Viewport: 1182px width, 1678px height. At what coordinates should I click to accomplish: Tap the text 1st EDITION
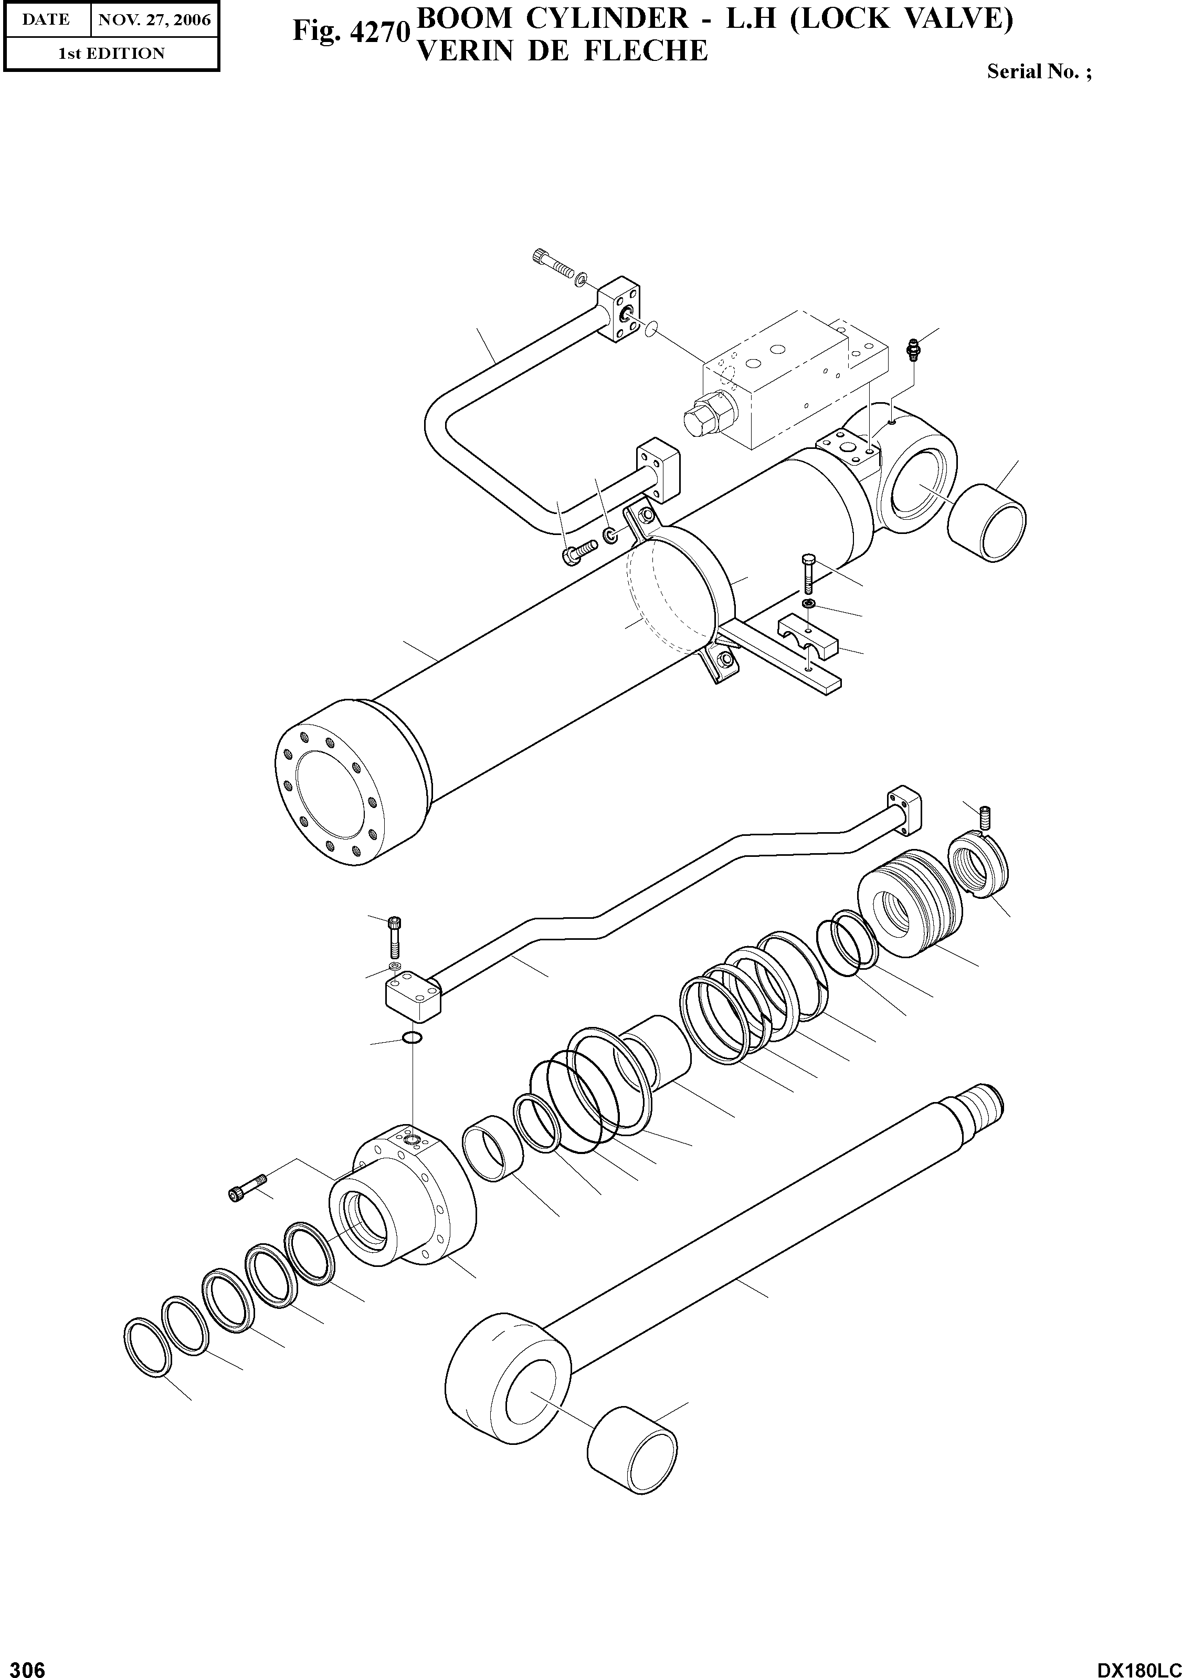tap(111, 54)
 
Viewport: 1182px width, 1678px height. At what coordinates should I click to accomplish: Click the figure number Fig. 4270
tap(349, 32)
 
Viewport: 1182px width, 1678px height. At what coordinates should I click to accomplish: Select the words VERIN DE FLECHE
tap(561, 51)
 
